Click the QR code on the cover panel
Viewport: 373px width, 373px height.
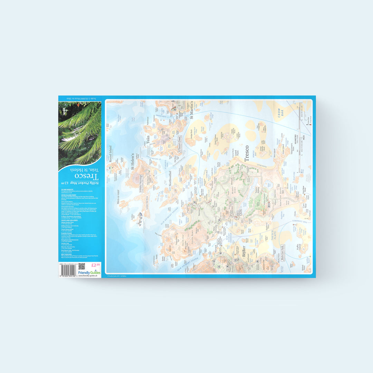coord(82,266)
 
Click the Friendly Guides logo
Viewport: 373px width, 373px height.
coord(89,272)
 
